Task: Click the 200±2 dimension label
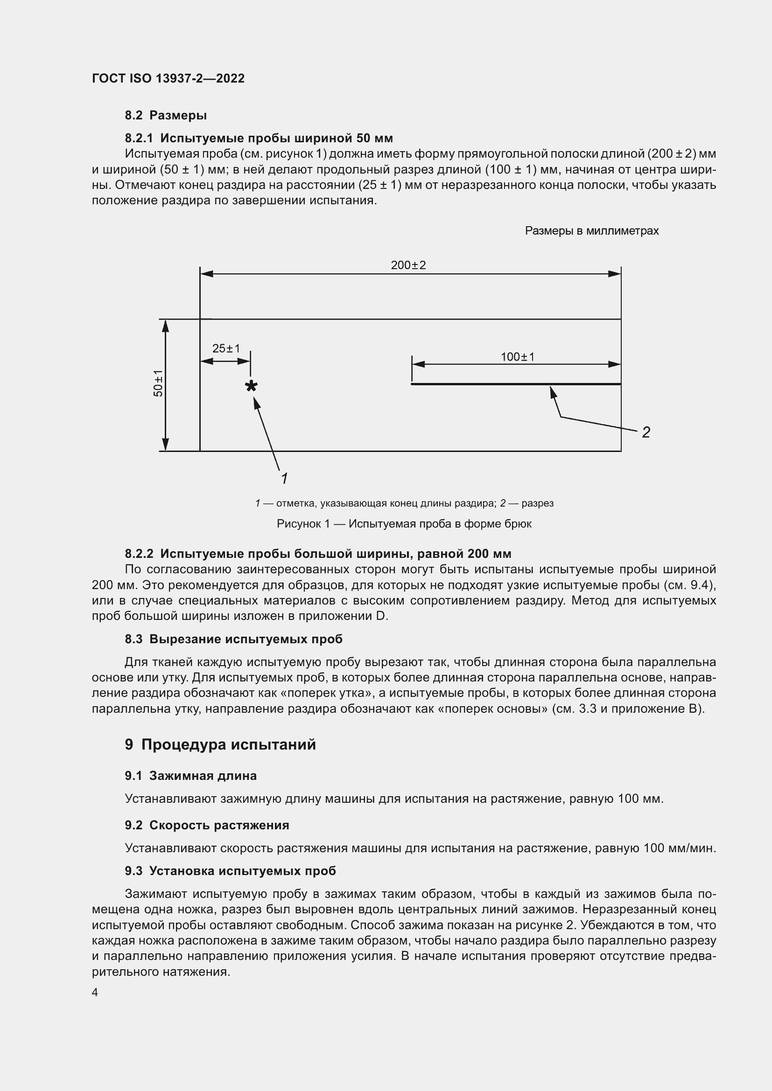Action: coord(408,265)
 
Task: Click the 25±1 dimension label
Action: coord(226,348)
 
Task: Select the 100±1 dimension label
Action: coord(518,356)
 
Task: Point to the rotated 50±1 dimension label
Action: coord(158,383)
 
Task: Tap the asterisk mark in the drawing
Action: coord(251,386)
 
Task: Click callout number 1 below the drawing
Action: coord(284,479)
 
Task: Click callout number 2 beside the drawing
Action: coord(646,432)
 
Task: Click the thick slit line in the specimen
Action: coord(516,384)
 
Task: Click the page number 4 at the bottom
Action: coord(95,992)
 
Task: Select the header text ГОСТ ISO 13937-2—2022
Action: coord(168,78)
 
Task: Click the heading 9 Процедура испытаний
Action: coord(221,744)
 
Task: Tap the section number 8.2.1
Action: coord(139,138)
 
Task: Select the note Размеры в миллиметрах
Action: coord(592,231)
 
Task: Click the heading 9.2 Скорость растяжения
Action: coord(207,826)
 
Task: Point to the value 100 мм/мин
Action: coord(679,848)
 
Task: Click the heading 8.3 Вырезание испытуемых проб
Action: coord(233,639)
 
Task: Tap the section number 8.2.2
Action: coord(139,554)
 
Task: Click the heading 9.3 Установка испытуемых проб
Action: coord(230,871)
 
